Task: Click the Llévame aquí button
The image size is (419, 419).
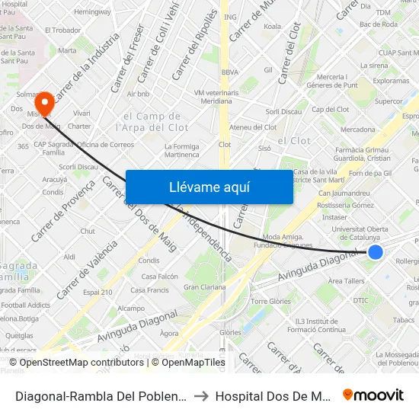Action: (x=209, y=187)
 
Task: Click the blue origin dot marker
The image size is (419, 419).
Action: (x=375, y=252)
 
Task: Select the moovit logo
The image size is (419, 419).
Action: (x=373, y=395)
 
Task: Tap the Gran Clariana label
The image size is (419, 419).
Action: (x=204, y=287)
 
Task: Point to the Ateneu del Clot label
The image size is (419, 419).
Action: (x=252, y=127)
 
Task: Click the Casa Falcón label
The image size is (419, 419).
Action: (x=159, y=277)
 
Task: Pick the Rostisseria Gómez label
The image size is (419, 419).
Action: (x=345, y=205)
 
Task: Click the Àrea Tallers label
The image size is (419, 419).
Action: (x=346, y=281)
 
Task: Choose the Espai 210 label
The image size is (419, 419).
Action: (x=98, y=292)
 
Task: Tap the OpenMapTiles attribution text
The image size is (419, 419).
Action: (x=188, y=363)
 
